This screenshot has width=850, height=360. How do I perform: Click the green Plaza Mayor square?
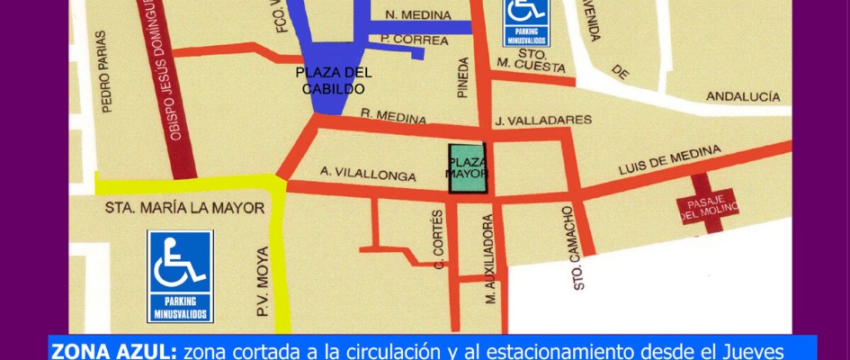coord(467,168)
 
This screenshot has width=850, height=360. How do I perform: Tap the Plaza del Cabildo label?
coord(333,81)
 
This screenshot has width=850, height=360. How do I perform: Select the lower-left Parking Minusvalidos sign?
coord(180,276)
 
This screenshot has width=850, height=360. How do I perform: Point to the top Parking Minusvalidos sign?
coord(526,22)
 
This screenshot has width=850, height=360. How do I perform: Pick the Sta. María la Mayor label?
coord(184,208)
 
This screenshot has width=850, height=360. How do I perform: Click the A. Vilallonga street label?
coord(368,174)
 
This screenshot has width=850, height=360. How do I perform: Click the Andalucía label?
coord(742,95)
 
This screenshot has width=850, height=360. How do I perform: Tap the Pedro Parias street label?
coord(105,72)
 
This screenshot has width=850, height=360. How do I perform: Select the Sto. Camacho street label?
coord(573,247)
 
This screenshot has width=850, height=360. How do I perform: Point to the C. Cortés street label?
coord(439,238)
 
